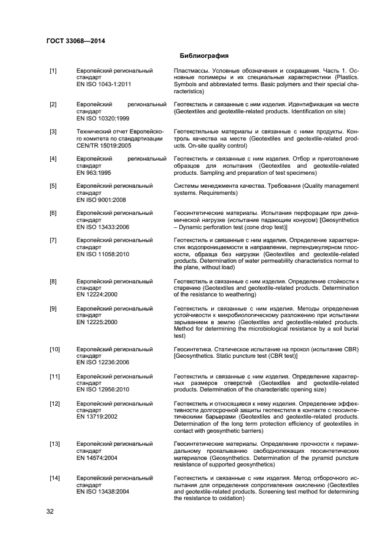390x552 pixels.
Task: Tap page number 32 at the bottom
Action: pyautogui.click(x=50, y=511)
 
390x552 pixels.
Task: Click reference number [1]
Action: pyautogui.click(x=53, y=71)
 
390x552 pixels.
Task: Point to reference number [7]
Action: pyautogui.click(x=53, y=240)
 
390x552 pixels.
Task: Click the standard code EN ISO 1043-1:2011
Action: pyautogui.click(x=104, y=85)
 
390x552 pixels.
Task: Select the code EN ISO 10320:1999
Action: pyautogui.click(x=104, y=118)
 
